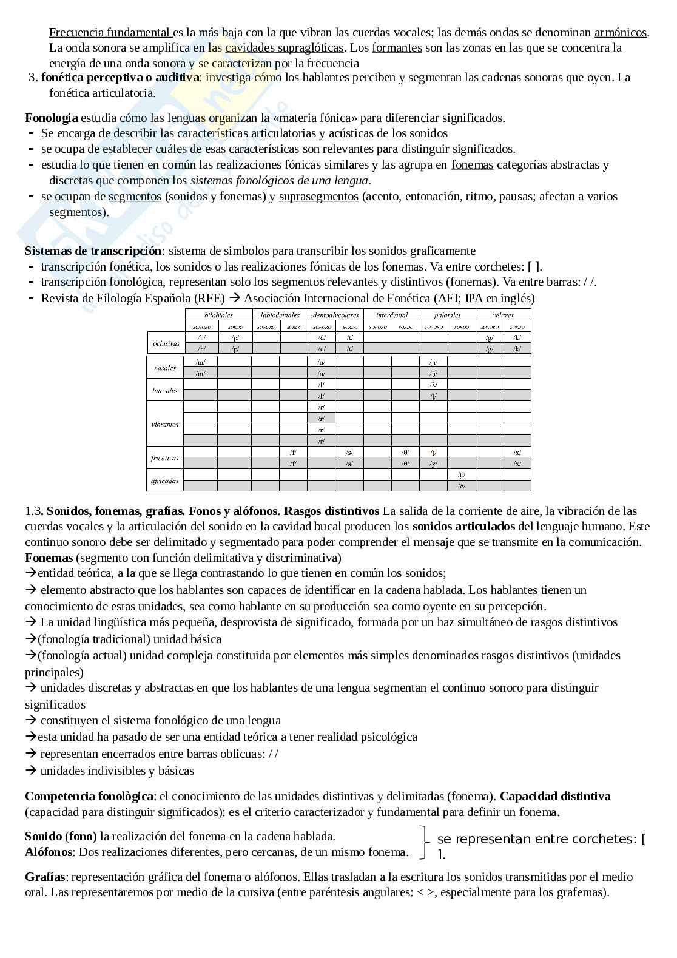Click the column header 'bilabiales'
pyautogui.click(x=218, y=315)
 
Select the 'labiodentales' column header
pyautogui.click(x=280, y=315)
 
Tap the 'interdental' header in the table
pyautogui.click(x=391, y=315)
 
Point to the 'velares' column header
pyautogui.click(x=503, y=315)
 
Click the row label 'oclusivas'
pyautogui.click(x=166, y=343)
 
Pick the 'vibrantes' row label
pyautogui.click(x=165, y=424)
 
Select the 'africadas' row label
pyautogui.click(x=165, y=481)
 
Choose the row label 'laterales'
pyautogui.click(x=165, y=391)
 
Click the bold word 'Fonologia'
pyautogui.click(x=52, y=118)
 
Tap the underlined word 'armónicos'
pyautogui.click(x=621, y=32)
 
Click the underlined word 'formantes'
pyautogui.click(x=397, y=47)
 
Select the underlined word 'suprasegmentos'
pyautogui.click(x=318, y=196)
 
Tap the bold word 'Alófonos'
pyautogui.click(x=49, y=852)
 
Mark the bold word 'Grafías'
pyautogui.click(x=46, y=877)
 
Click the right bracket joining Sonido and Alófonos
pyautogui.click(x=423, y=842)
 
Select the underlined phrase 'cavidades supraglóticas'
pyautogui.click(x=284, y=47)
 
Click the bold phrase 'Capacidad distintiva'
pyautogui.click(x=555, y=796)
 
